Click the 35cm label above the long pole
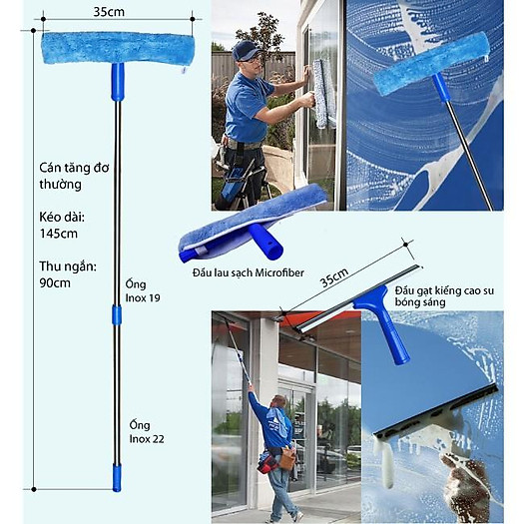pos(109,13)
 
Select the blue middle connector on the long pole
pos(117,314)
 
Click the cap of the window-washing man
pos(245,50)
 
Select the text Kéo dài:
pos(61,216)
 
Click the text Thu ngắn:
pos(68,265)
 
